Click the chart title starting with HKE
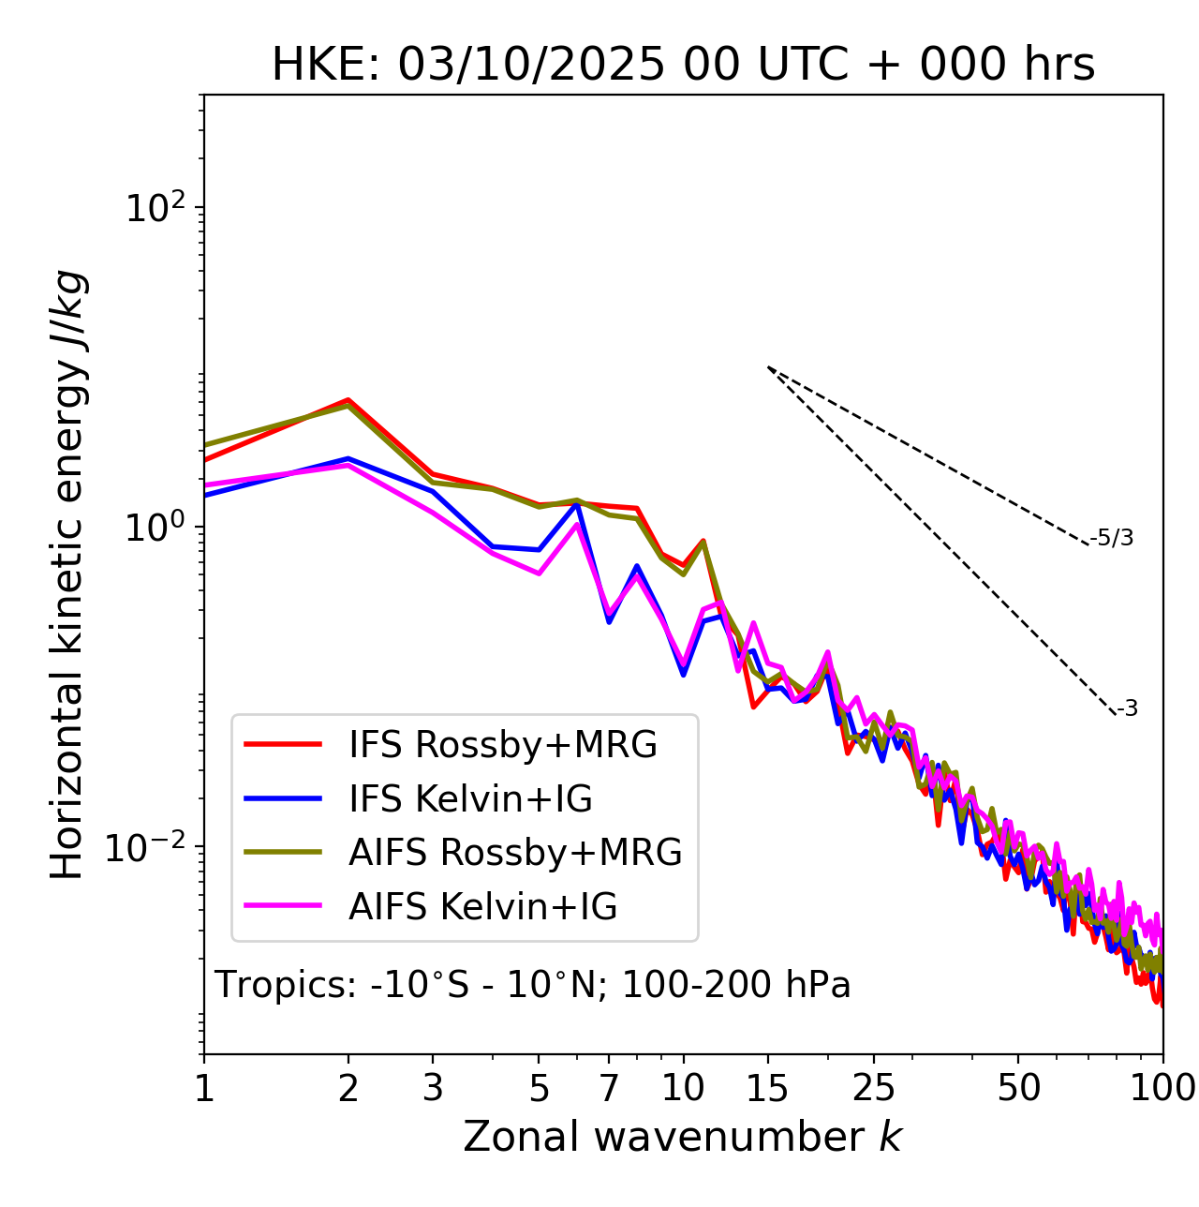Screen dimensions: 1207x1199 683,66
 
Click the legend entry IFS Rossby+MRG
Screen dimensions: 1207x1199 502,745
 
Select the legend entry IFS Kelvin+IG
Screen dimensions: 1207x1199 470,799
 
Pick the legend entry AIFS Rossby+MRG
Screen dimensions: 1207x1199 515,853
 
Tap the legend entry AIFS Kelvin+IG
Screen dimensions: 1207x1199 482,907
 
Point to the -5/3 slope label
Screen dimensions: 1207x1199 1112,538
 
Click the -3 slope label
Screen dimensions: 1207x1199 1128,709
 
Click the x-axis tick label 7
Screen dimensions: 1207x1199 609,1088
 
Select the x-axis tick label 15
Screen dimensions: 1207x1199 767,1088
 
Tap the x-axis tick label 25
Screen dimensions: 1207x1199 873,1088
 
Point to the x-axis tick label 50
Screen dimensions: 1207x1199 1018,1088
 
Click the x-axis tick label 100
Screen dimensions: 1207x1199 1162,1088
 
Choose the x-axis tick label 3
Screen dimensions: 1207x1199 433,1088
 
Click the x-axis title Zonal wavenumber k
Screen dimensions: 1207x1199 683,1137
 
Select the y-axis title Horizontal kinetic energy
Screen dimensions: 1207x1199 68,574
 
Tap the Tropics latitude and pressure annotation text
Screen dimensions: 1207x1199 533,985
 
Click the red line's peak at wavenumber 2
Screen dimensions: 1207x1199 348,399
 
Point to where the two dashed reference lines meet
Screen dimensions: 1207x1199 768,367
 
